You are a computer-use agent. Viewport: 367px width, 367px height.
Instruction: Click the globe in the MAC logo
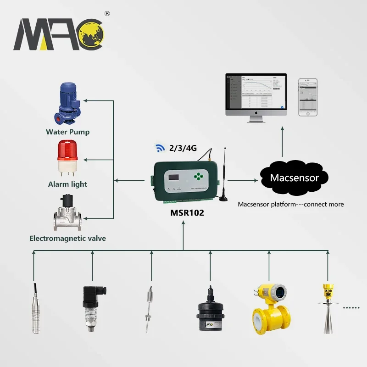coord(92,36)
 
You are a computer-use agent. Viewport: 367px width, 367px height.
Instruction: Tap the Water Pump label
coord(67,132)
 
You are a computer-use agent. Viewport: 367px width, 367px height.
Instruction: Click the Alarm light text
coord(67,184)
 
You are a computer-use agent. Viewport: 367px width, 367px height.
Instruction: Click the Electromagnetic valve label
coord(67,238)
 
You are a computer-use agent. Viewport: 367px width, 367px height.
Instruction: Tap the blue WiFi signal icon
coord(160,148)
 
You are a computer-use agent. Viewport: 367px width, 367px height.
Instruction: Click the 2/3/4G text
coord(182,148)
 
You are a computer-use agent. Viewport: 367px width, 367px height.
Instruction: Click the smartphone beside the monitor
coord(308,97)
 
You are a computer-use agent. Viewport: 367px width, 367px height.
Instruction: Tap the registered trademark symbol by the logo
coord(107,14)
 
